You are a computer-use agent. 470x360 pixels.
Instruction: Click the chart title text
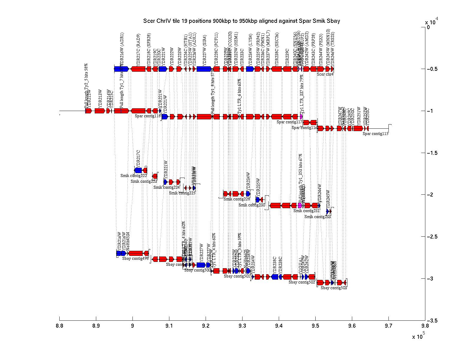pyautogui.click(x=241, y=21)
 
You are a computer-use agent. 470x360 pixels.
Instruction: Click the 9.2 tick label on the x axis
pyautogui.click(x=206, y=326)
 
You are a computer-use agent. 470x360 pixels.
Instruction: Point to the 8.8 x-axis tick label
pyautogui.click(x=59, y=326)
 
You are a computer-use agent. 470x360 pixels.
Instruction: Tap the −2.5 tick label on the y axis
pyautogui.click(x=432, y=237)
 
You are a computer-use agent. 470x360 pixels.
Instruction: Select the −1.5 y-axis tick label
pyautogui.click(x=432, y=153)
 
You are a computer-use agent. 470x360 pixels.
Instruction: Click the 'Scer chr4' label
pyautogui.click(x=325, y=74)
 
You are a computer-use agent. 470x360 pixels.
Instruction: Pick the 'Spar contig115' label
pyautogui.click(x=375, y=134)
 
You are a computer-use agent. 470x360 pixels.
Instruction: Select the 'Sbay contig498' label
pyautogui.click(x=135, y=259)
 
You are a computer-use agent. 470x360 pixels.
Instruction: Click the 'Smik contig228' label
pyautogui.click(x=237, y=199)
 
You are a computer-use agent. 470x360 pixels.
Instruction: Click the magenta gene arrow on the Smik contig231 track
pyautogui.click(x=300, y=205)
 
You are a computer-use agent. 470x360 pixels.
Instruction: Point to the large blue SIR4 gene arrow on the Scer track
pyautogui.click(x=204, y=69)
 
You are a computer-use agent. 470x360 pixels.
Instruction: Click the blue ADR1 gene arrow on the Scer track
pyautogui.click(x=121, y=69)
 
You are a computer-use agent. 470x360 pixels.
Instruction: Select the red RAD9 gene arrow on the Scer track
pyautogui.click(x=138, y=69)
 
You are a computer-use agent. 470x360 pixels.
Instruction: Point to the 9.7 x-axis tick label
pyautogui.click(x=388, y=326)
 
